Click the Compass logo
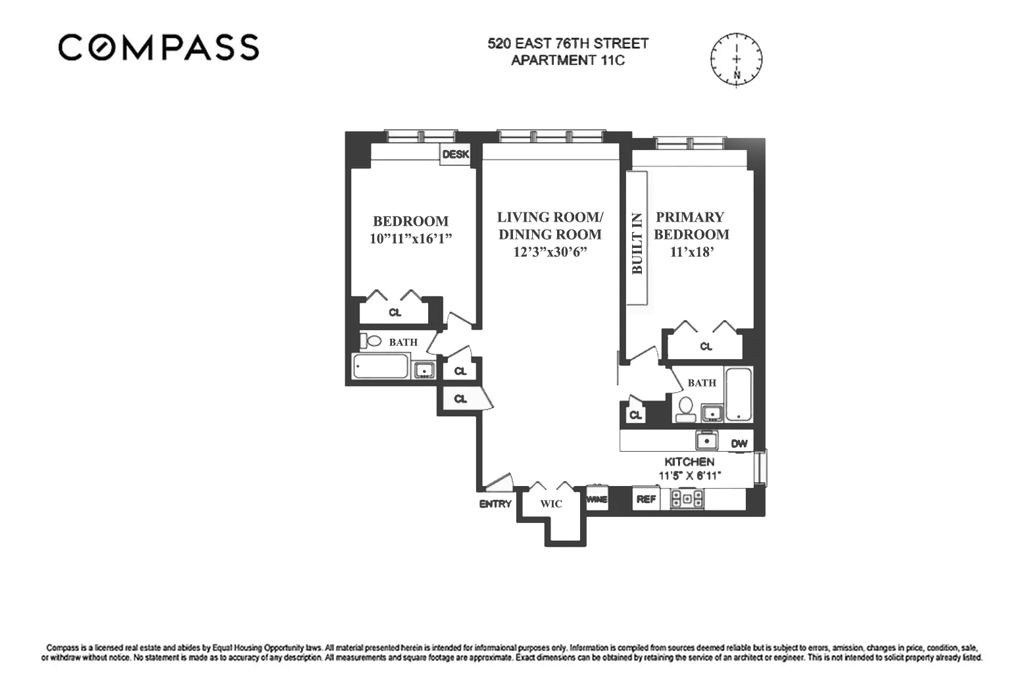[x=159, y=47]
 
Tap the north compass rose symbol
[x=736, y=59]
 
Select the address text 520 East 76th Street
[x=568, y=43]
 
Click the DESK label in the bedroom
[x=455, y=155]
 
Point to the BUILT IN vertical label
[x=637, y=243]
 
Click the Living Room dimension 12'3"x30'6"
[x=550, y=252]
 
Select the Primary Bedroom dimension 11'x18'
[x=691, y=252]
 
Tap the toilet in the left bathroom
[x=371, y=341]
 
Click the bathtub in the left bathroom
[x=381, y=366]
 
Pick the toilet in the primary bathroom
[x=686, y=409]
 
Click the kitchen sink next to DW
[x=707, y=440]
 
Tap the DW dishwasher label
[x=739, y=443]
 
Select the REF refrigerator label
[x=646, y=499]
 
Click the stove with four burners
[x=687, y=499]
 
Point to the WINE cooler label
[x=597, y=499]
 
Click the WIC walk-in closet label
[x=551, y=504]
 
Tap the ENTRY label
[x=495, y=504]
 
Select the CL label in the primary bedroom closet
[x=706, y=347]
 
